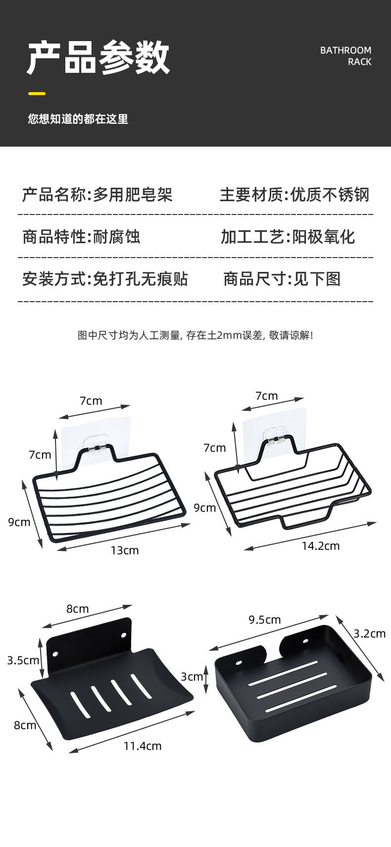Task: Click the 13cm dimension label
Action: click(125, 550)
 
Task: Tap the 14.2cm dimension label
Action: click(321, 546)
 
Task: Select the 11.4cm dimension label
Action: click(143, 746)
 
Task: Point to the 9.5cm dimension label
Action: click(264, 620)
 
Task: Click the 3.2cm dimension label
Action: click(369, 634)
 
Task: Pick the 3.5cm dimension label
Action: click(23, 660)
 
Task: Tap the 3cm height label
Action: click(192, 677)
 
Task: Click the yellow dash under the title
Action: click(37, 93)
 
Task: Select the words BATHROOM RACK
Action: click(345, 56)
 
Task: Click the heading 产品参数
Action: click(98, 58)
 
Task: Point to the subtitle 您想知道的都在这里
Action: click(78, 119)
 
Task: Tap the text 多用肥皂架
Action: click(133, 195)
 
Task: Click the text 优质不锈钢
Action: click(330, 195)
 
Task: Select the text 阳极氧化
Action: click(324, 237)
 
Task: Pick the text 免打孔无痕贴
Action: click(141, 279)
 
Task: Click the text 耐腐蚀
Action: click(117, 237)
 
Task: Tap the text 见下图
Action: click(317, 279)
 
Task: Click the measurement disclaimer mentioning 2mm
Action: click(195, 335)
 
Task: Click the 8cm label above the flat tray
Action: click(78, 609)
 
